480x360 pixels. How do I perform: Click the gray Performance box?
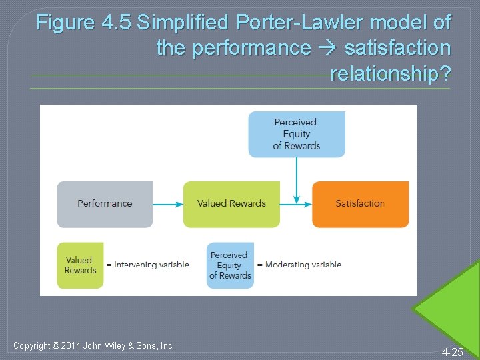click(105, 204)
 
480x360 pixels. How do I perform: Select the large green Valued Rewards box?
click(231, 204)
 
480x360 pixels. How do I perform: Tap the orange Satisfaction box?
click(360, 204)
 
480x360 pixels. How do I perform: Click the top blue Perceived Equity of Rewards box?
click(297, 134)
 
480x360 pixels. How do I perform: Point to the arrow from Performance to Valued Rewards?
click(168, 204)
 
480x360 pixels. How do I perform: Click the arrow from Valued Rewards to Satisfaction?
click(295, 204)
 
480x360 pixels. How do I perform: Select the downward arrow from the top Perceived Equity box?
click(296, 180)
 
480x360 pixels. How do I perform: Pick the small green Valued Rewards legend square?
click(80, 265)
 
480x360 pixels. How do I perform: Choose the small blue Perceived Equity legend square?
click(230, 265)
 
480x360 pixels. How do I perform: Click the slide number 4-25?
click(452, 352)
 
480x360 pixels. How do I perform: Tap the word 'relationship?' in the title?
click(390, 73)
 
